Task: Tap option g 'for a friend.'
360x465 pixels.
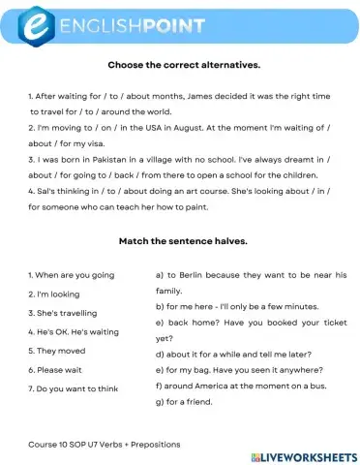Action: [191, 401]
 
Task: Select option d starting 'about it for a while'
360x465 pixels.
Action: [232, 354]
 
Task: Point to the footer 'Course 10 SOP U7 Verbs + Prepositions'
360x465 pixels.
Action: [105, 444]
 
